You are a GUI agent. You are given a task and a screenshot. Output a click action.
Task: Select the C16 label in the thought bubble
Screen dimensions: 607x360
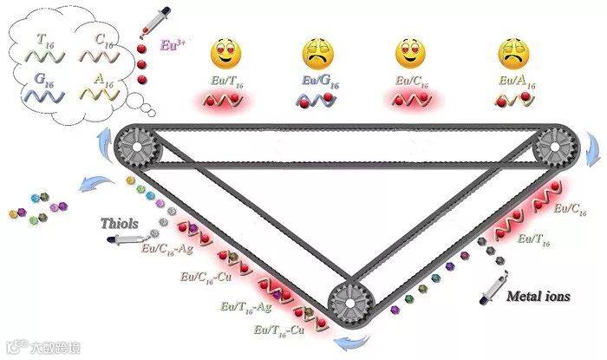click(x=103, y=39)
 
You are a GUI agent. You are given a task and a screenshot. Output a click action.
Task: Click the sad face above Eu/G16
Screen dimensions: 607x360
click(x=318, y=55)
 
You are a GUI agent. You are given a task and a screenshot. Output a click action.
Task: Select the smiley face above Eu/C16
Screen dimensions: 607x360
click(x=411, y=55)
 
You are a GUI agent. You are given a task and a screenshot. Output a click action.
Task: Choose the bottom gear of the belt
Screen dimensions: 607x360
click(x=351, y=304)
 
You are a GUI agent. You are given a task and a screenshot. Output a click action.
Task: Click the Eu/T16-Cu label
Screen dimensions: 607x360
click(x=279, y=330)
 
